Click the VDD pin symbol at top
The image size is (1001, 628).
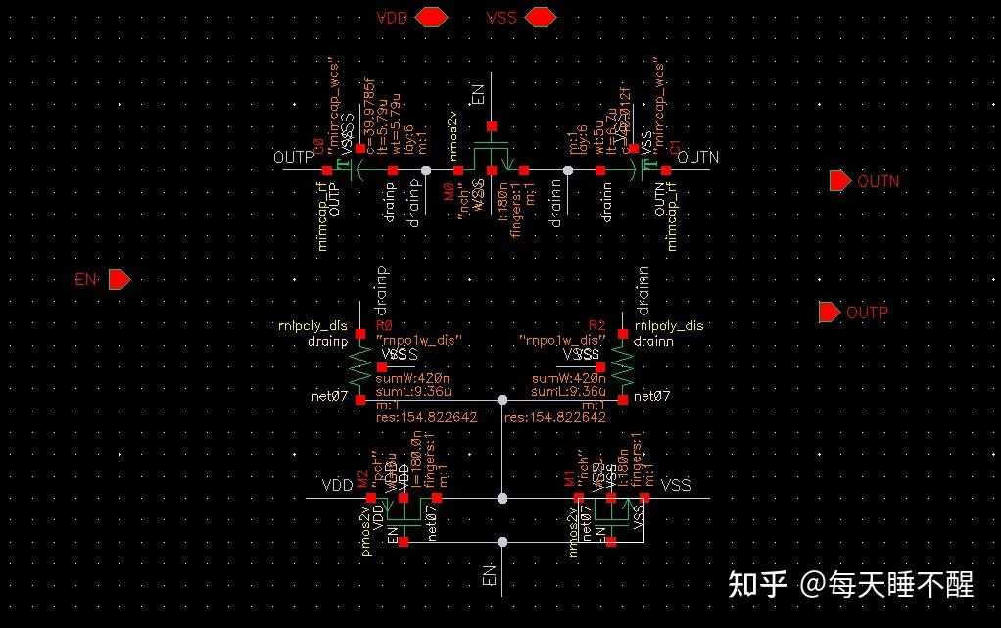tap(431, 17)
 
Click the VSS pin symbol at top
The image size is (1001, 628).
tap(540, 17)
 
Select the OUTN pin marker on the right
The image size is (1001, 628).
tap(839, 181)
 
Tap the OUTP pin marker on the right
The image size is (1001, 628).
tap(829, 313)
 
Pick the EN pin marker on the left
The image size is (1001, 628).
tap(119, 280)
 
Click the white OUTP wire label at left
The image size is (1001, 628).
tap(294, 157)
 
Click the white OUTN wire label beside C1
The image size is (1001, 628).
tap(697, 157)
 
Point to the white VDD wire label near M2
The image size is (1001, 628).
tap(336, 485)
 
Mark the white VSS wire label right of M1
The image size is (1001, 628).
tap(676, 485)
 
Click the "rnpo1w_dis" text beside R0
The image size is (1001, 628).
tap(418, 340)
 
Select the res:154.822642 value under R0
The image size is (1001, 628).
tap(426, 417)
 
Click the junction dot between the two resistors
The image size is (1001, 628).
tap(501, 400)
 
